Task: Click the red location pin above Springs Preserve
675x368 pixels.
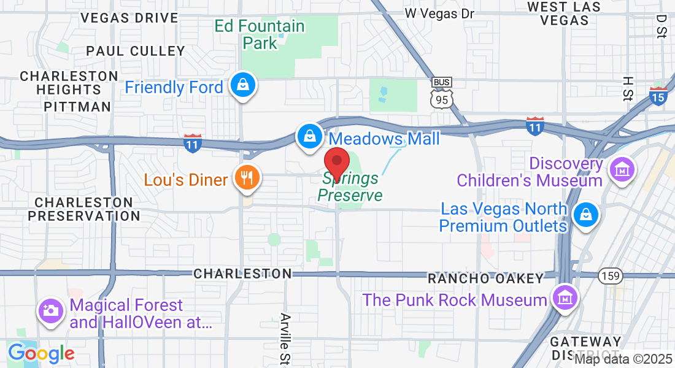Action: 336,163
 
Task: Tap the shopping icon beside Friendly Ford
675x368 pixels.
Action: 243,86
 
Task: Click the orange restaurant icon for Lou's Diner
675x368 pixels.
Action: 247,178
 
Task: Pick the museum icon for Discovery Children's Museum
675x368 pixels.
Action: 620,168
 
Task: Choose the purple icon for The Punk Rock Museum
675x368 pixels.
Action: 565,299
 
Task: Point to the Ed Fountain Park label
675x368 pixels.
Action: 260,34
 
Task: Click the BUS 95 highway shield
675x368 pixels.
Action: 442,93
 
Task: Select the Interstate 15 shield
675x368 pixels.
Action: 658,95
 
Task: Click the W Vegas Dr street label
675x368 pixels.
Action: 440,13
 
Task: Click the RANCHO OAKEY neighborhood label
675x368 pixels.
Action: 485,278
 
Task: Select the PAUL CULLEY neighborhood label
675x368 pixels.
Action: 136,51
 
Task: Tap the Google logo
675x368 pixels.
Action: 41,353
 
